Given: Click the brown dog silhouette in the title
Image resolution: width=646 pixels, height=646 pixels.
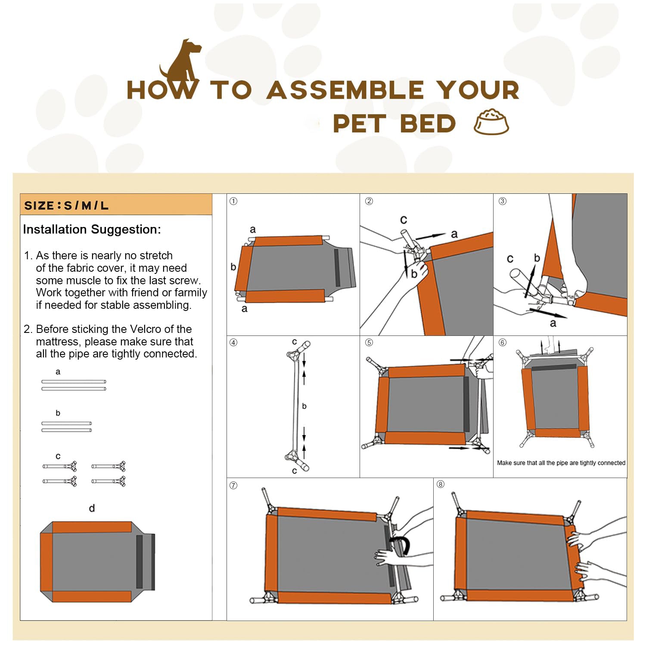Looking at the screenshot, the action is pyautogui.click(x=181, y=65).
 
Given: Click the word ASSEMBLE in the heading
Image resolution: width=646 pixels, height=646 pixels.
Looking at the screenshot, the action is pyautogui.click(x=345, y=90).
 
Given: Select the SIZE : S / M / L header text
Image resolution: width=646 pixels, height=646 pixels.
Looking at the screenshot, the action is pyautogui.click(x=66, y=205).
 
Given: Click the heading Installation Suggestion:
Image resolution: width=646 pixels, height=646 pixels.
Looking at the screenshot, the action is pyautogui.click(x=92, y=229).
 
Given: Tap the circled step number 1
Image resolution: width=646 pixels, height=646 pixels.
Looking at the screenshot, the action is pyautogui.click(x=233, y=201).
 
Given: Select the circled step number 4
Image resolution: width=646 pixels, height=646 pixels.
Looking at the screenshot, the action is pyautogui.click(x=233, y=342).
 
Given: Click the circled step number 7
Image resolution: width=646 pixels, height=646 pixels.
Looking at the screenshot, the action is pyautogui.click(x=233, y=485).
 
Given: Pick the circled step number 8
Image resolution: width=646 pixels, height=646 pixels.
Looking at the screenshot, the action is pyautogui.click(x=440, y=484).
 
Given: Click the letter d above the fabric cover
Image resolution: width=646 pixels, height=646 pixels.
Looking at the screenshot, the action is pyautogui.click(x=92, y=508).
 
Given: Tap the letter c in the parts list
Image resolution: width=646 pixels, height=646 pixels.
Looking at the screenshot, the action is pyautogui.click(x=58, y=456).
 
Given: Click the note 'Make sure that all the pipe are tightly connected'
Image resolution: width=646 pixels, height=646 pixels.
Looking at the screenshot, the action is pyautogui.click(x=561, y=463).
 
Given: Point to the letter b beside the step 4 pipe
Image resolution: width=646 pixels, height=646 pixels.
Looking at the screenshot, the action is pyautogui.click(x=304, y=406).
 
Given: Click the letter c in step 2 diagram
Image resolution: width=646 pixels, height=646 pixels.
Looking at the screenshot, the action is pyautogui.click(x=404, y=220).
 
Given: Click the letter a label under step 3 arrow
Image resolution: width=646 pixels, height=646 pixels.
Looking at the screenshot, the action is pyautogui.click(x=553, y=323).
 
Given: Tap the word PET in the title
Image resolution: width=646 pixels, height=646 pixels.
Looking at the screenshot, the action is pyautogui.click(x=359, y=124).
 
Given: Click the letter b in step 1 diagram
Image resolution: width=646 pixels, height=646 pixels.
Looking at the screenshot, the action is pyautogui.click(x=233, y=267).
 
